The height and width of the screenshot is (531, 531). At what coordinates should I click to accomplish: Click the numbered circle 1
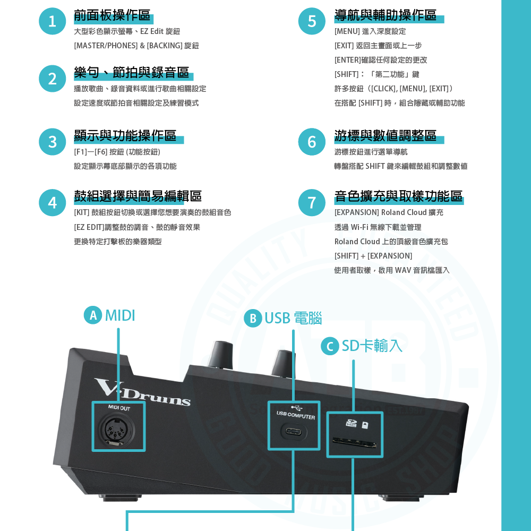pyautogui.click(x=52, y=21)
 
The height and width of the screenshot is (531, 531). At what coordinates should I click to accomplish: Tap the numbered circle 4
pyautogui.click(x=52, y=202)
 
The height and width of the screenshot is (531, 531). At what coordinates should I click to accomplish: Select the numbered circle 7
pyautogui.click(x=312, y=202)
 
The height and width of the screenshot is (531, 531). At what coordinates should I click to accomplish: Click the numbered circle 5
pyautogui.click(x=312, y=21)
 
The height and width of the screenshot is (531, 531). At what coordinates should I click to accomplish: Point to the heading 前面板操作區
pyautogui.click(x=112, y=15)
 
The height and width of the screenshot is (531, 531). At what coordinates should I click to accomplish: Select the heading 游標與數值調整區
pyautogui.click(x=386, y=136)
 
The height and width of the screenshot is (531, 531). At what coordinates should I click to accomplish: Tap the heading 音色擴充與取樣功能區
pyautogui.click(x=398, y=196)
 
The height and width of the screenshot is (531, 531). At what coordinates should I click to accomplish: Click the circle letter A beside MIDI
pyautogui.click(x=93, y=315)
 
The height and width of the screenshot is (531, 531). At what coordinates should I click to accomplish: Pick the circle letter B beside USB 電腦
pyautogui.click(x=253, y=318)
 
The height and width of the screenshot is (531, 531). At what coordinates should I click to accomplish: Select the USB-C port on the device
pyautogui.click(x=294, y=432)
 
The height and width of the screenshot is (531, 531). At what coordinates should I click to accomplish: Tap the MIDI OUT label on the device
pyautogui.click(x=119, y=408)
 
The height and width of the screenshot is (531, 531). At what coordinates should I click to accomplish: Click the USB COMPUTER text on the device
pyautogui.click(x=296, y=416)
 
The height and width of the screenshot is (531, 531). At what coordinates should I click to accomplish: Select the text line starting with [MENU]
pyautogui.click(x=370, y=32)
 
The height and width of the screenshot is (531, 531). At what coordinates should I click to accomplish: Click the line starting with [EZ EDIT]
pyautogui.click(x=137, y=227)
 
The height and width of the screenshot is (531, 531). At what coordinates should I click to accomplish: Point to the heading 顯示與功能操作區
pyautogui.click(x=125, y=136)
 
